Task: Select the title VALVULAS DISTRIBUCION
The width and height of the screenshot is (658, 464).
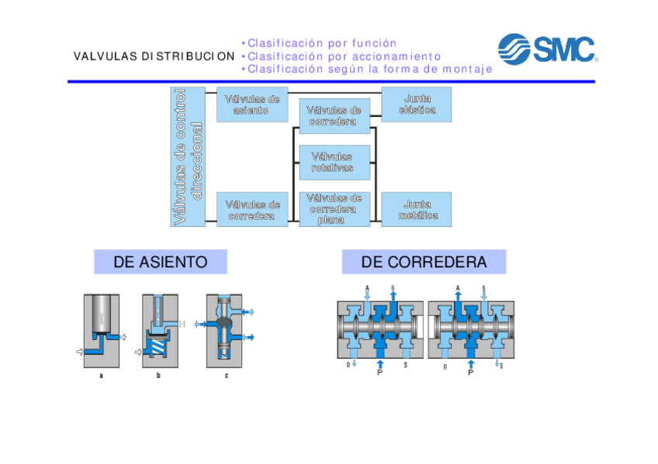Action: click(154, 57)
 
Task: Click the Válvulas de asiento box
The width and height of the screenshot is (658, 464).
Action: click(251, 104)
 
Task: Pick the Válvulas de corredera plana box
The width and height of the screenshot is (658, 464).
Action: click(334, 209)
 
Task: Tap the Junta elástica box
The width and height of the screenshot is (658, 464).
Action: click(417, 104)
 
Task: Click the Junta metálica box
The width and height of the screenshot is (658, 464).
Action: click(417, 209)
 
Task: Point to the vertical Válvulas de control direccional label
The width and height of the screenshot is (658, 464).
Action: click(188, 156)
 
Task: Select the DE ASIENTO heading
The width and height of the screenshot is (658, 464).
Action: click(161, 262)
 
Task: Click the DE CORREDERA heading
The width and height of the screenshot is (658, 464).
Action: click(424, 262)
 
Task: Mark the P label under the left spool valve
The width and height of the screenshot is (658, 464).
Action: click(380, 373)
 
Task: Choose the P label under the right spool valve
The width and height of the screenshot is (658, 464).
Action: click(470, 373)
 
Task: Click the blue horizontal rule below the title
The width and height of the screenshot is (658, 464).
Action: click(331, 81)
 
